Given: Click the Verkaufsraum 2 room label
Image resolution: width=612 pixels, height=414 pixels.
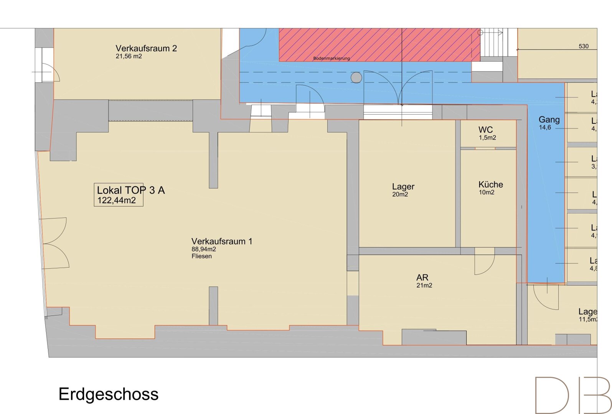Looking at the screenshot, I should (x=146, y=48).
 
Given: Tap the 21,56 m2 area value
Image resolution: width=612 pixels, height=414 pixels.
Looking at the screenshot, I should (x=129, y=56).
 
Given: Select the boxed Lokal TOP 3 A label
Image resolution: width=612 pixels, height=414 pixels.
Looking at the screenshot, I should (x=130, y=190).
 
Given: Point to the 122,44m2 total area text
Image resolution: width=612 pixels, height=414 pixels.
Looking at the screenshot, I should (x=117, y=200).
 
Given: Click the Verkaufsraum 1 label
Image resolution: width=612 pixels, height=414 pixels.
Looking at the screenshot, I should (x=222, y=242).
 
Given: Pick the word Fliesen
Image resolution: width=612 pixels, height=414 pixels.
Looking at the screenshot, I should (x=201, y=256).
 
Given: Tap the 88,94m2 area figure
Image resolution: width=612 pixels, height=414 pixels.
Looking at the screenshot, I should (x=204, y=249).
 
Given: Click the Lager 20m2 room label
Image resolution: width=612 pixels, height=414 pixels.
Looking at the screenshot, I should (x=403, y=187).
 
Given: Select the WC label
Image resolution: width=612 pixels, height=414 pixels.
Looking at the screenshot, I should (x=485, y=130).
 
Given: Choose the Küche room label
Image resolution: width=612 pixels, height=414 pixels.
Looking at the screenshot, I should (x=490, y=184).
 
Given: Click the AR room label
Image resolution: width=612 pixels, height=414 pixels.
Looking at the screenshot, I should (x=422, y=278).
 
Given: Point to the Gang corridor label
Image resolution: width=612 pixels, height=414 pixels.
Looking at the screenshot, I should (x=549, y=120).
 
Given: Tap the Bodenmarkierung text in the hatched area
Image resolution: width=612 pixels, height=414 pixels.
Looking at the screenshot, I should (x=332, y=59).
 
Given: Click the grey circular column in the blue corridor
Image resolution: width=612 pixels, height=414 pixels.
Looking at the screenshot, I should (x=356, y=78).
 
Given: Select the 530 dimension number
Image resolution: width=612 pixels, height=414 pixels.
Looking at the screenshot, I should (x=583, y=46).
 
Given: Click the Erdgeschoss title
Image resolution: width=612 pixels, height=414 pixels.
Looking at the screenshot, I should (x=109, y=394).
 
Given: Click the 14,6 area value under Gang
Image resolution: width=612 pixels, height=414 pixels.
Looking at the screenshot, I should (x=545, y=128).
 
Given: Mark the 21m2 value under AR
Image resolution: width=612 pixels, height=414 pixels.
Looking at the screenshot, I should (x=424, y=286).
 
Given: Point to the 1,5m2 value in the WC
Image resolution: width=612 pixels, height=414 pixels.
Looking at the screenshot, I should (x=487, y=138).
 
